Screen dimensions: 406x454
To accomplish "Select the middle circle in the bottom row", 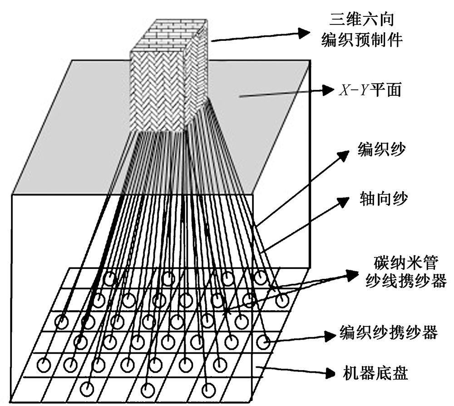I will [148, 389].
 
